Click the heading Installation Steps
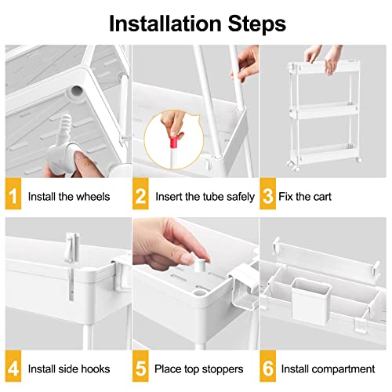(x=196, y=22)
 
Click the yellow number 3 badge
(x=269, y=195)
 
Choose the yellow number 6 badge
(x=269, y=368)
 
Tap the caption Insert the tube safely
(x=204, y=196)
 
